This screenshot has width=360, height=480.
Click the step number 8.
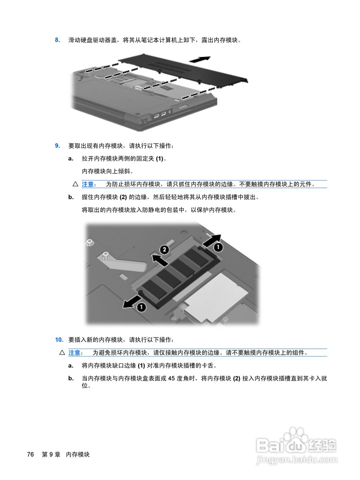pos(57,40)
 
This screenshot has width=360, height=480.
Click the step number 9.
pos(57,146)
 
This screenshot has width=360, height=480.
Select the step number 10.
pos(59,340)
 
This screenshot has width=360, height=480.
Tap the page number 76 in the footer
pos(30,454)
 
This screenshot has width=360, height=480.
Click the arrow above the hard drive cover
pos(199,60)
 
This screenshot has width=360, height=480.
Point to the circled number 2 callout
pos(164,249)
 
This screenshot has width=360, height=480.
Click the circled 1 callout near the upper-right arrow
pos(218,247)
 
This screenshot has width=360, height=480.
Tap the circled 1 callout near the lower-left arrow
pos(141,307)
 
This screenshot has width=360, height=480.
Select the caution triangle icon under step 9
pos(75,184)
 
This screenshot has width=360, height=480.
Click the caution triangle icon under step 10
pos(62,352)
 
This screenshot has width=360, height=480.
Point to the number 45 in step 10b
pos(172,378)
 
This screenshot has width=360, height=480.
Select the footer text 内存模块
pos(78,454)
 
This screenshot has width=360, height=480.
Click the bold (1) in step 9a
pos(160,159)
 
